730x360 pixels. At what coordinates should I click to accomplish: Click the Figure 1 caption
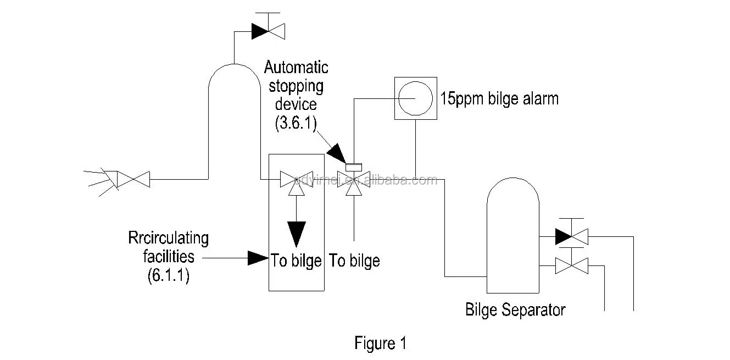[x=380, y=344]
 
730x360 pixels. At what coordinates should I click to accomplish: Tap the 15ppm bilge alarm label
[x=500, y=99]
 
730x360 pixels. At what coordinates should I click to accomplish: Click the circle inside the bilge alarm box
[x=415, y=98]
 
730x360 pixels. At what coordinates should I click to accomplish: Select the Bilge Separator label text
[x=515, y=309]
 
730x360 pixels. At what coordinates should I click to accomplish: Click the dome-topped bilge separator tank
[x=512, y=236]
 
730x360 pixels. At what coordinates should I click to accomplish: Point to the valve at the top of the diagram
[x=267, y=31]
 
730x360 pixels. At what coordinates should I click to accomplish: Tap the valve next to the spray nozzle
[x=134, y=179]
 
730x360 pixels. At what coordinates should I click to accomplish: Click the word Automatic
[x=296, y=68]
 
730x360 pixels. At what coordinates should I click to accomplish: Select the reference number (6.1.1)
[x=168, y=275]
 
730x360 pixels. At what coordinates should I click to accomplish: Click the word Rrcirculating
[x=168, y=239]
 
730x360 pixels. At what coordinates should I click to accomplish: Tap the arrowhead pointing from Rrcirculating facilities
[x=258, y=257]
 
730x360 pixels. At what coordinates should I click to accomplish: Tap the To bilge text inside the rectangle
[x=296, y=261]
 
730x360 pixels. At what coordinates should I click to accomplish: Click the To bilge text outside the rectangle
[x=354, y=261]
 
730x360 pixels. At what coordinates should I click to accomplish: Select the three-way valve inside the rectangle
[x=296, y=180]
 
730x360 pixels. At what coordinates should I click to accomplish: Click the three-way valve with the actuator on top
[x=353, y=180]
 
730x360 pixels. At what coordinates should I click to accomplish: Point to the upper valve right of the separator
[x=571, y=236]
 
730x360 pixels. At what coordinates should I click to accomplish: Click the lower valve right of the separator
[x=571, y=266]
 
